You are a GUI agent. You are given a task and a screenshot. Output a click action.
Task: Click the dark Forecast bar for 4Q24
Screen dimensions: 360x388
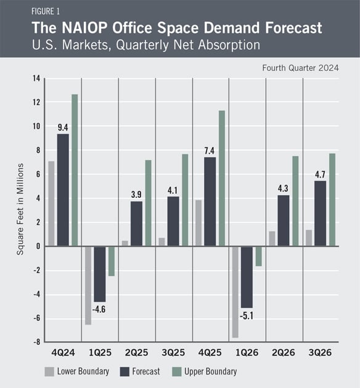[x=63, y=190]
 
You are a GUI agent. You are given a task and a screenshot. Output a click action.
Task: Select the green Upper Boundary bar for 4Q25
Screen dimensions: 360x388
[x=222, y=179]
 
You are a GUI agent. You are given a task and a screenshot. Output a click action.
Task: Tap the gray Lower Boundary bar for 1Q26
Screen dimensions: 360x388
[x=235, y=292]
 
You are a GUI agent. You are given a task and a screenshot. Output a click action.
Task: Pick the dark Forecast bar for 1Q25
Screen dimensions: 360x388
[x=100, y=274]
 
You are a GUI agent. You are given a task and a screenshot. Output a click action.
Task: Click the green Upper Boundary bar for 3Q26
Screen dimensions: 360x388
[x=332, y=200]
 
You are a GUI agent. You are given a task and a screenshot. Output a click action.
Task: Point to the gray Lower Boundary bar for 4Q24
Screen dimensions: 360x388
[x=51, y=204]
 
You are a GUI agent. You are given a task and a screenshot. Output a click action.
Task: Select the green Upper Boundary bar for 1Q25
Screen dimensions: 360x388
[x=112, y=261]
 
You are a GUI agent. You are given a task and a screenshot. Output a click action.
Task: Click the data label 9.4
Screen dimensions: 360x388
[x=63, y=127]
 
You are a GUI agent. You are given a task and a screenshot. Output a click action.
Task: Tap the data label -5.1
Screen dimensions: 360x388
[x=247, y=316]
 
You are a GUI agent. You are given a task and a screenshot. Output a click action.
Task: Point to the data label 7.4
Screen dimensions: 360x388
[x=210, y=151]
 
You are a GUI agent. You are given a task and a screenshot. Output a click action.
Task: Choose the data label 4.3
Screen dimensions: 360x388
[x=283, y=188]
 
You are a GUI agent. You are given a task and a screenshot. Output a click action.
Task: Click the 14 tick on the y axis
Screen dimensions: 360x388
[x=36, y=78]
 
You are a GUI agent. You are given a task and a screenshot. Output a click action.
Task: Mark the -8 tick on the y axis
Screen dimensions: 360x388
[x=36, y=342]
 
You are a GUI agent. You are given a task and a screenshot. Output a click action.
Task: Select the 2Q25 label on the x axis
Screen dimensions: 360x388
[x=136, y=353]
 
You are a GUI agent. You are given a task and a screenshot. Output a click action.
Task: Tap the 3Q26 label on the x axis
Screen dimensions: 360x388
[x=320, y=353]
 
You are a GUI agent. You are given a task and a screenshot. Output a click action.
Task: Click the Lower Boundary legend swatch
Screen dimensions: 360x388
[x=49, y=371]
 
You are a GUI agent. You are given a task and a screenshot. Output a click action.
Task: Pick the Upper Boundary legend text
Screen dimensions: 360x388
[x=210, y=371]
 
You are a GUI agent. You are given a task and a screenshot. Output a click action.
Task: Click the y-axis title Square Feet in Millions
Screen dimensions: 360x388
[x=20, y=209]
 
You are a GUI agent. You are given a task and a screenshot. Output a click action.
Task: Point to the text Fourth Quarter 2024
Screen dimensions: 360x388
[x=300, y=68]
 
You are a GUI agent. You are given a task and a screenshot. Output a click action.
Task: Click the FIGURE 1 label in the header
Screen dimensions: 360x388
[x=46, y=11]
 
